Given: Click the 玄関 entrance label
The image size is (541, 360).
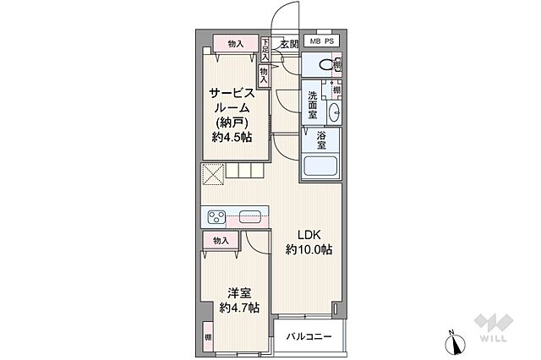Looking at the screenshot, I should click(x=289, y=44).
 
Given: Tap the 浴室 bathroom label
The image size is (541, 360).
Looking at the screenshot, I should click(x=322, y=139).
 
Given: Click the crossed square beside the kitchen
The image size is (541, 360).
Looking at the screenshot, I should click(x=211, y=173).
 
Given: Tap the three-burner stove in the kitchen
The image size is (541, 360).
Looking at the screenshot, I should click(x=216, y=217).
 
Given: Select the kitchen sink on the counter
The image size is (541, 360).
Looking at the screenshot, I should click(x=251, y=216).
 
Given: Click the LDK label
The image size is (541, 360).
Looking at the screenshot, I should click(x=308, y=234).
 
